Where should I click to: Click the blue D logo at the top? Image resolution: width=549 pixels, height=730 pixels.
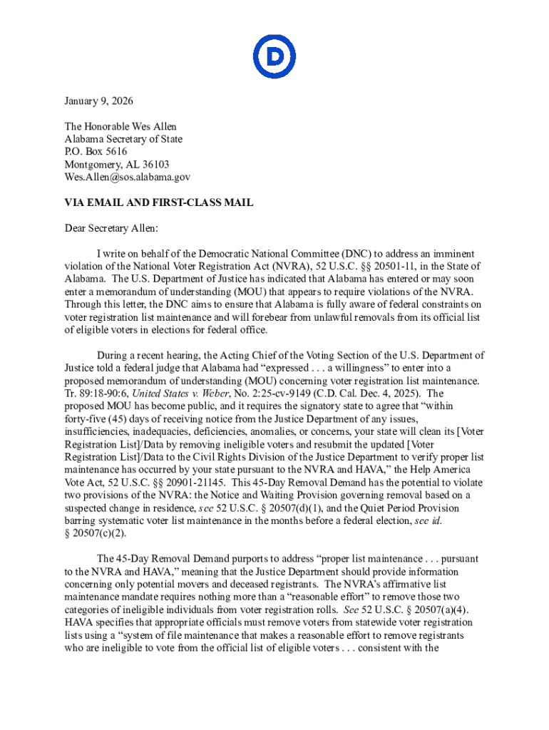(x=274, y=57)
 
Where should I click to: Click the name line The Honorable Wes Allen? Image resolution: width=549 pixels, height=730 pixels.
(x=120, y=126)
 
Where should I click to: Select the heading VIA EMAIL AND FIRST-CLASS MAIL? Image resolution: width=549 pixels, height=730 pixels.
(x=159, y=202)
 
